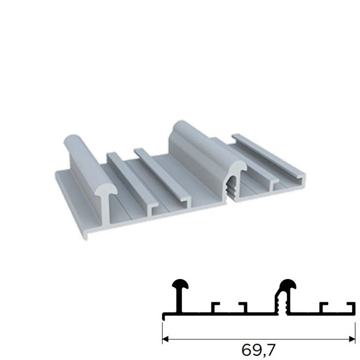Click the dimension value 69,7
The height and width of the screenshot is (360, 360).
(258, 350)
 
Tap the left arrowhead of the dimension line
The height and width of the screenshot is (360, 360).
(166, 339)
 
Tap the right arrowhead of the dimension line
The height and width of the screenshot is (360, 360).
(352, 339)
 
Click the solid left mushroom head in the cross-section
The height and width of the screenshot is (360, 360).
(180, 284)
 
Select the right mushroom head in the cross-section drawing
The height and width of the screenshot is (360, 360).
(287, 284)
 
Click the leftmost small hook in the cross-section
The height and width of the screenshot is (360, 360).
(215, 308)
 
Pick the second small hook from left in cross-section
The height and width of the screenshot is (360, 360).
(243, 308)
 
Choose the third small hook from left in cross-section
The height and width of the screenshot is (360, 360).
(324, 308)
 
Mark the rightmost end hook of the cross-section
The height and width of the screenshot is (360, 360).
(352, 308)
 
